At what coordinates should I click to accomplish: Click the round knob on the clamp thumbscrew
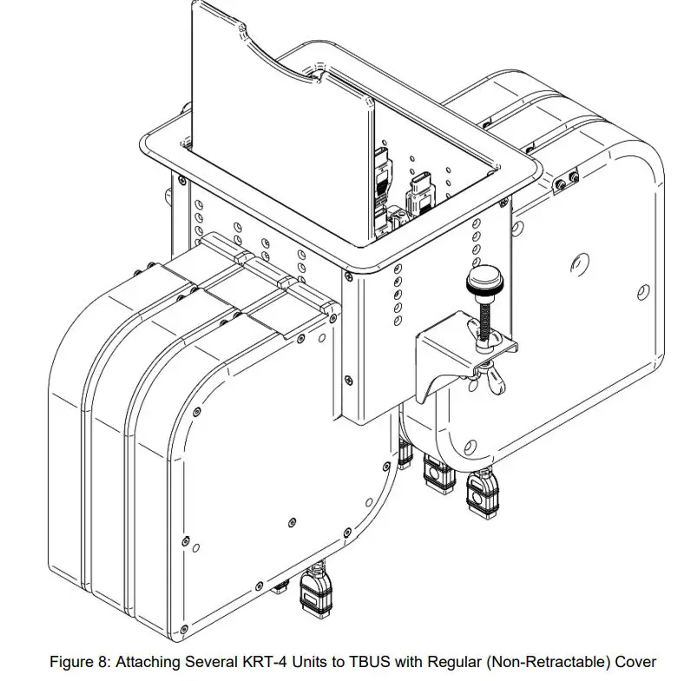click(x=481, y=281)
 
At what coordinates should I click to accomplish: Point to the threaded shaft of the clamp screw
click(x=483, y=317)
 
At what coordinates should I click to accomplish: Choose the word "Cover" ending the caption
click(x=636, y=662)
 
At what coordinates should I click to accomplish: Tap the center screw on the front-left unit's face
click(x=287, y=523)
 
